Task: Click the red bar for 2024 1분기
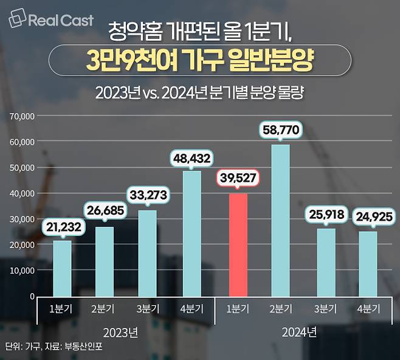pos(233,244)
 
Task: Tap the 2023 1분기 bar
pos(61,268)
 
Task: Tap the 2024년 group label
pos(299,333)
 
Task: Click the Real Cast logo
pos(52,20)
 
